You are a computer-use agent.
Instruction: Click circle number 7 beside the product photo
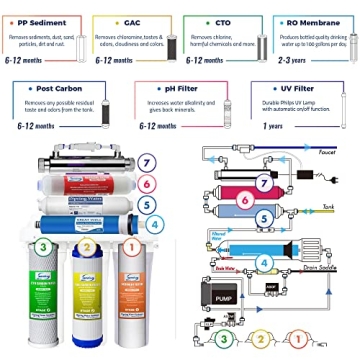(146, 162)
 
